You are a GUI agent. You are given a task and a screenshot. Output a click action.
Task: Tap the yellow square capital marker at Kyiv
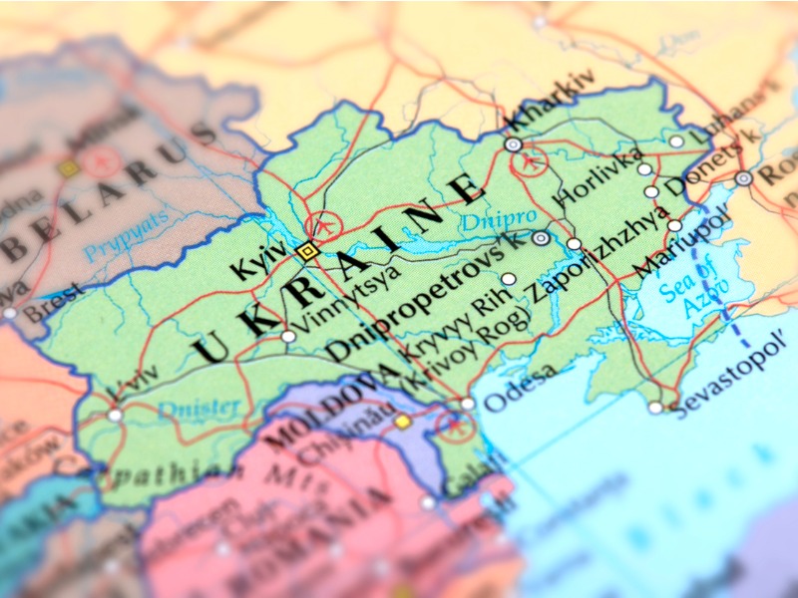pos(306,252)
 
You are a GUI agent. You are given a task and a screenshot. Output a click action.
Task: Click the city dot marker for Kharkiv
pos(513,145)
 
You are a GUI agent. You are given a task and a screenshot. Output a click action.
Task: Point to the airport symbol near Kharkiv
pos(533,159)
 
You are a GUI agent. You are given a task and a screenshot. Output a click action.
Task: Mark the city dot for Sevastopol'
pos(655,407)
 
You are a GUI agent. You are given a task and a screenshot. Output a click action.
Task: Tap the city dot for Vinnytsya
pos(288,337)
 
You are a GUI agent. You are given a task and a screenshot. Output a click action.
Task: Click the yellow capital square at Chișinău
pos(402,422)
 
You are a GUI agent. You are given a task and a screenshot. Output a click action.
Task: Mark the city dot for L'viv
pos(115,415)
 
